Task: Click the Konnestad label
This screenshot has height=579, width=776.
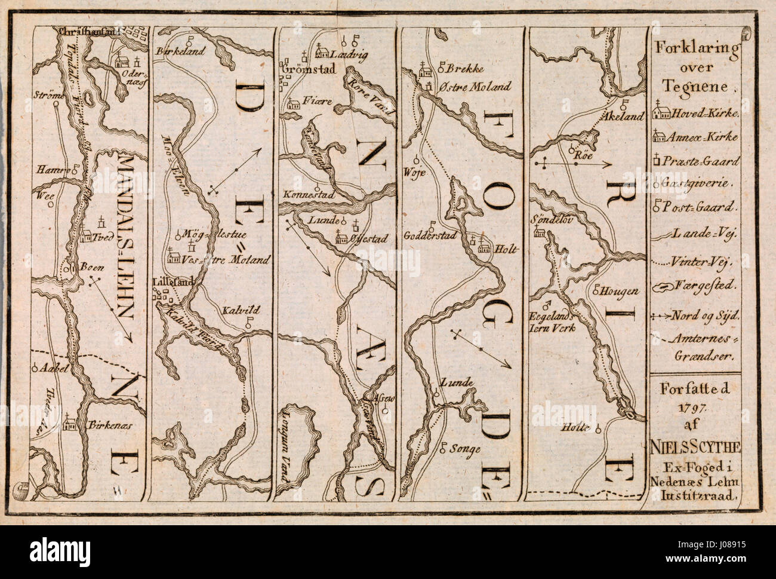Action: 308,195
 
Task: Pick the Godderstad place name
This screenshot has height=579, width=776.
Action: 430,235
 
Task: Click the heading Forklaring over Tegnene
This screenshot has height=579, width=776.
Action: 696,66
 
